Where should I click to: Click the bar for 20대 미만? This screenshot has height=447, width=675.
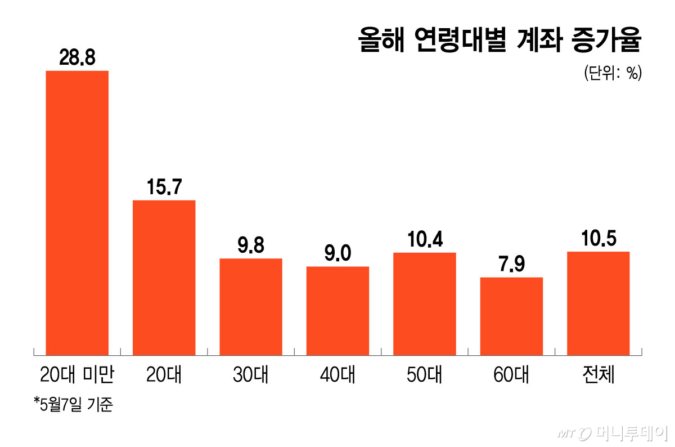click(x=77, y=213)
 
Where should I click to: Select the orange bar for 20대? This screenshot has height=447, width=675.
click(x=164, y=278)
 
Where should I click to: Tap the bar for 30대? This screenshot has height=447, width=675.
click(x=251, y=307)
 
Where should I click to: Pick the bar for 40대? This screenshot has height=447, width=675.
click(x=338, y=311)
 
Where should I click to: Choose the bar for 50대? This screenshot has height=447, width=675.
click(x=425, y=304)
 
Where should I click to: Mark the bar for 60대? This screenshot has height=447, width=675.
click(x=512, y=316)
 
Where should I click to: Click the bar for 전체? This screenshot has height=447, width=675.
click(x=598, y=303)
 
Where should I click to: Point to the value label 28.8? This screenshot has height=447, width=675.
click(x=77, y=57)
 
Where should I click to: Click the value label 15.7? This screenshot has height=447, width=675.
click(x=164, y=186)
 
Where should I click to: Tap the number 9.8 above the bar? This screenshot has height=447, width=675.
click(x=251, y=245)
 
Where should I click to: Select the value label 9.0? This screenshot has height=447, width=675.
click(x=338, y=253)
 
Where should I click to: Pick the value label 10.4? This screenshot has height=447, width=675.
click(x=425, y=239)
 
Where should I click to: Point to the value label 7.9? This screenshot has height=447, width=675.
click(x=512, y=263)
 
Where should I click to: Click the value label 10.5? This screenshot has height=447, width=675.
click(x=599, y=238)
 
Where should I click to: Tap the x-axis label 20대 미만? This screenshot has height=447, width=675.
click(x=77, y=374)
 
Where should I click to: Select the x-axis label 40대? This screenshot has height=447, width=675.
click(x=338, y=374)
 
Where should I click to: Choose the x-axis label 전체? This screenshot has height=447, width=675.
click(x=598, y=374)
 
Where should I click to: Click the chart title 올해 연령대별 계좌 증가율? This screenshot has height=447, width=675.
click(x=499, y=40)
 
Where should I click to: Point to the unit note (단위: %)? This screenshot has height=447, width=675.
click(x=613, y=73)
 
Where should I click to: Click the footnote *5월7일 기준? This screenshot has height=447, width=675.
click(x=74, y=404)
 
